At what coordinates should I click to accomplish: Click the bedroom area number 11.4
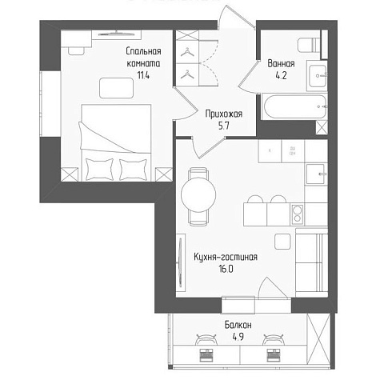click(x=143, y=76)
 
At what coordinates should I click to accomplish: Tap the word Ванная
click(x=281, y=64)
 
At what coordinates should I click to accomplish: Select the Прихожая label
click(x=224, y=114)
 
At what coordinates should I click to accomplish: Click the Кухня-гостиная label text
click(x=226, y=257)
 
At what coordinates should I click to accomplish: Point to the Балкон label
click(x=238, y=325)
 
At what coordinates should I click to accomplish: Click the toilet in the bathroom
click(x=310, y=45)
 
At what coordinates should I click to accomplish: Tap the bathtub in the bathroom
click(x=294, y=106)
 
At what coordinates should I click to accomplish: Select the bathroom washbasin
click(x=318, y=76)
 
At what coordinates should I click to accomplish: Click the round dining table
click(x=198, y=194)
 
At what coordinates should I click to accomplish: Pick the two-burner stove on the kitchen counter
click(x=298, y=214)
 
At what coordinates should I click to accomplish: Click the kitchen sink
click(x=316, y=174)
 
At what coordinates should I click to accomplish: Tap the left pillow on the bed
click(x=99, y=169)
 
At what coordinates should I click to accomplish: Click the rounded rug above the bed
click(x=116, y=88)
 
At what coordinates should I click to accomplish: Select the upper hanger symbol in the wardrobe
click(x=187, y=52)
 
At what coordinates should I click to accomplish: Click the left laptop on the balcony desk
click(x=206, y=355)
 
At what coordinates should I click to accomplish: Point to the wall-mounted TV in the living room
click(x=181, y=262)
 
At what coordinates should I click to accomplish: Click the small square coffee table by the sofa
click(x=282, y=242)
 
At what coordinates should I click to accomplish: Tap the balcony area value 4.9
click(x=238, y=337)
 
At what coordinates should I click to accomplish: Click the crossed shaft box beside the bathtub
click(x=322, y=127)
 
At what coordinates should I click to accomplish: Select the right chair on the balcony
click(x=274, y=339)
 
